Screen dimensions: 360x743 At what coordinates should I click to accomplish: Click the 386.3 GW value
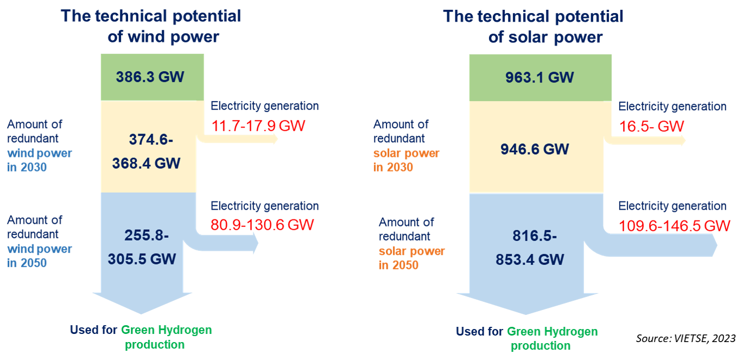pos(150,77)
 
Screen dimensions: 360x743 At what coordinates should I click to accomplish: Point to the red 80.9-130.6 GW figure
pos(262,224)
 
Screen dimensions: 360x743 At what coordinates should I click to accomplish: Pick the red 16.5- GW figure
pos(651,127)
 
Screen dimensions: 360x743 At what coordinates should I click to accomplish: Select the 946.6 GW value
pos(535,149)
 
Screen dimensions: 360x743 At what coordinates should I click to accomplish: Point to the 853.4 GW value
pos(530,259)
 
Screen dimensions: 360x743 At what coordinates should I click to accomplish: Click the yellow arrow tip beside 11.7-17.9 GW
pos(276,139)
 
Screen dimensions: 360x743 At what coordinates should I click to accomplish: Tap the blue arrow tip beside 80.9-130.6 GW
pos(256,245)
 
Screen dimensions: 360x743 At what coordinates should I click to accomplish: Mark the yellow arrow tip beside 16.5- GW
pos(683,141)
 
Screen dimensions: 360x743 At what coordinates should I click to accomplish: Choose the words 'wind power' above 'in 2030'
pos(39,153)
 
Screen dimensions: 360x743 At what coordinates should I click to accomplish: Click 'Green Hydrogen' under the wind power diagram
pos(166,330)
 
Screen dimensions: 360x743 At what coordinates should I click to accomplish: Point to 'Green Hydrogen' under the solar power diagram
pos(552,331)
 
